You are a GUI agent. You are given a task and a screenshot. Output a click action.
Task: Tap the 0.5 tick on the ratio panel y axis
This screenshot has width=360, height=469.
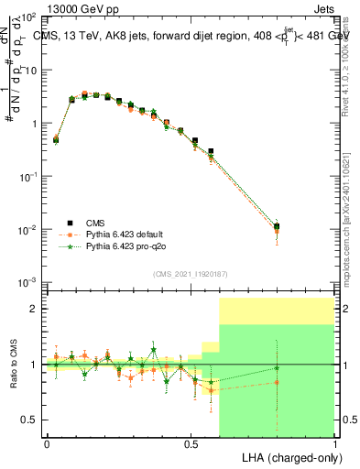click(29, 420)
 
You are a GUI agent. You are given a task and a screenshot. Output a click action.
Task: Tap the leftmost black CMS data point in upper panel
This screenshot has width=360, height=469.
click(56, 140)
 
